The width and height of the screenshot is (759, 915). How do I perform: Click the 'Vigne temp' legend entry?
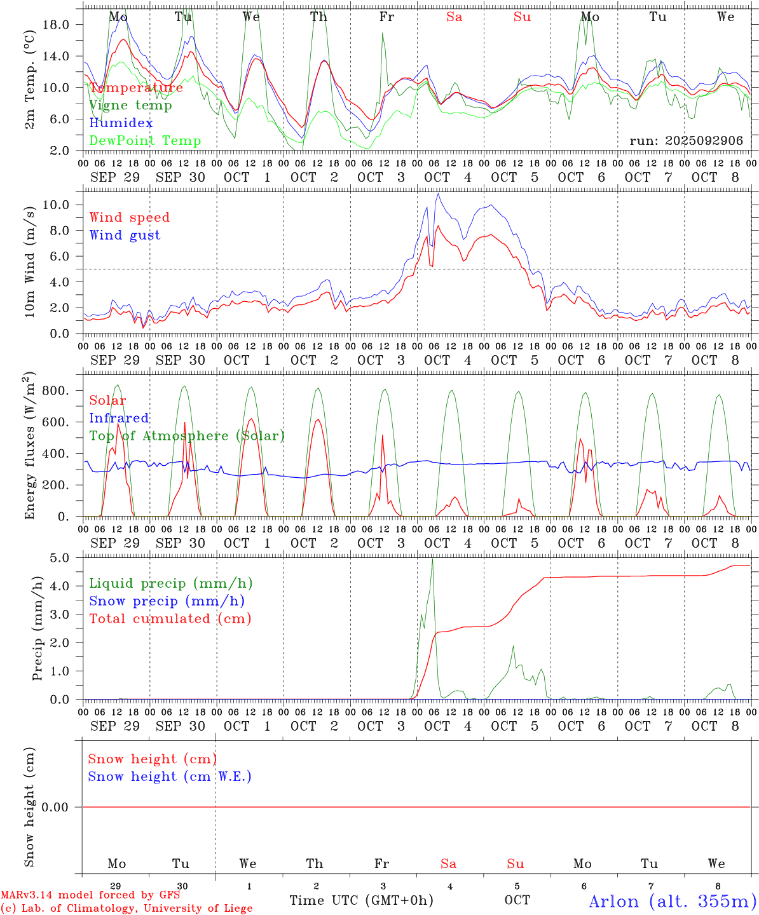pos(130,105)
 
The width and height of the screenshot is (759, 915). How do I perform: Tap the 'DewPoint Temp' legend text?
pos(145,141)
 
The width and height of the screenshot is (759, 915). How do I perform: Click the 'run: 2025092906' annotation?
pos(686,141)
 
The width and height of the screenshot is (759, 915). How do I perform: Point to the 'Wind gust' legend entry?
pos(125,235)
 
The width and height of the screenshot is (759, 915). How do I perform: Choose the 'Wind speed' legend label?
pos(130,217)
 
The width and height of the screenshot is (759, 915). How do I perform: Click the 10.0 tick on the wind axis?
pos(56,205)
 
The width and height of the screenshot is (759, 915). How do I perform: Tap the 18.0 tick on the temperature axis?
pos(56,25)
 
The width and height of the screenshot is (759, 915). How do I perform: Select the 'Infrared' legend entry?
pos(119,418)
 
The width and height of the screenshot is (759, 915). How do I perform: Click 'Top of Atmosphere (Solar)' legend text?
pos(187,436)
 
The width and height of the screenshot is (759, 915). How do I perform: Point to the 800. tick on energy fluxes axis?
pos(55,391)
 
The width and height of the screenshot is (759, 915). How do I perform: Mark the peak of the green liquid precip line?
pos(432,559)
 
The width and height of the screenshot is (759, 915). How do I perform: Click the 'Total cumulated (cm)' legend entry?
pos(170,619)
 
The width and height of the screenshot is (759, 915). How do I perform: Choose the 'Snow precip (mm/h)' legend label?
pos(167,601)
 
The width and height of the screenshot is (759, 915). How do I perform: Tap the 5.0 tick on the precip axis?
pos(60,558)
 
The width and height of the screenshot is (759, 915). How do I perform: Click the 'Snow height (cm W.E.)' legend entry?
pos(170,776)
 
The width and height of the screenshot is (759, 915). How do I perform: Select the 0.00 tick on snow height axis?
pos(55,807)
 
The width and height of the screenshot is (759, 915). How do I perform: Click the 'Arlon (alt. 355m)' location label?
pos(673,901)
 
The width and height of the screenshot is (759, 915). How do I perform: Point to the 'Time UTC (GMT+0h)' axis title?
pos(361,900)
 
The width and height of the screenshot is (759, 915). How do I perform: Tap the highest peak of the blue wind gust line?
pos(437,194)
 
